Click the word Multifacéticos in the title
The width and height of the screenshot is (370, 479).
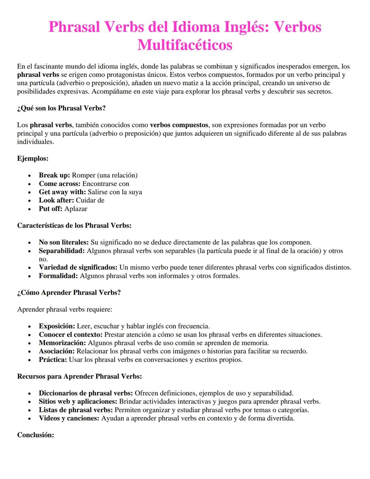point(185,45)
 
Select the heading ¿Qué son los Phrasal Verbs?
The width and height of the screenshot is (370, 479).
point(61,108)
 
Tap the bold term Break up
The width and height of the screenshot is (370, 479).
point(54,175)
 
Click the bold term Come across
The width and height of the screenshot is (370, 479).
point(59,184)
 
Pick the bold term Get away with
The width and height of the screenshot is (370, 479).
point(62,192)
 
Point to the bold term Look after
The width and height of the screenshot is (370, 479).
point(56,200)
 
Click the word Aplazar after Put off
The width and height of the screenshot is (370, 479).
point(76,209)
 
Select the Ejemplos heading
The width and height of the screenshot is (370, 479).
point(33,158)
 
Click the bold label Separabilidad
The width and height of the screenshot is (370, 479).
point(62,251)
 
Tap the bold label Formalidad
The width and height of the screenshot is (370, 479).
point(58,276)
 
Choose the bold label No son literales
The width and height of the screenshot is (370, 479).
point(64,242)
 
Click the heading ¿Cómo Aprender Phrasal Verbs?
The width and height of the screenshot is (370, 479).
point(69,292)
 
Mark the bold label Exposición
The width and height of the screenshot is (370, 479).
point(57,326)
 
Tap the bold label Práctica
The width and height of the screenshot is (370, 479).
point(53,360)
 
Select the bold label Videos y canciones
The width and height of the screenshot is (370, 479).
point(69,418)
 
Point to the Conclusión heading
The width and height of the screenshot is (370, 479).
point(36,435)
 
